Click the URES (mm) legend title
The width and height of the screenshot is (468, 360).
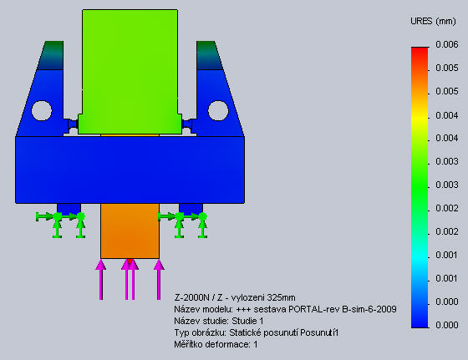tap(433, 22)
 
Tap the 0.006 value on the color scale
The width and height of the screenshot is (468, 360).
tap(447, 44)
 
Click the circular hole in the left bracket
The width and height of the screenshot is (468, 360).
tap(42, 110)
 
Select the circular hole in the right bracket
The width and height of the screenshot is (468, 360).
tap(218, 110)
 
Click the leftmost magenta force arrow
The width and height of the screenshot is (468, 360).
tap(101, 280)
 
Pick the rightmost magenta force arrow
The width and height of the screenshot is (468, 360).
tap(159, 280)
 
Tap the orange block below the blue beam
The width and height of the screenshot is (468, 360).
tap(130, 231)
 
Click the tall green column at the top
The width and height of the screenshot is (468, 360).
tap(130, 72)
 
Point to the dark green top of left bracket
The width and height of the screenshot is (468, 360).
tap(51, 55)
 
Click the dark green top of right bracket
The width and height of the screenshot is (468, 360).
tap(209, 55)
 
